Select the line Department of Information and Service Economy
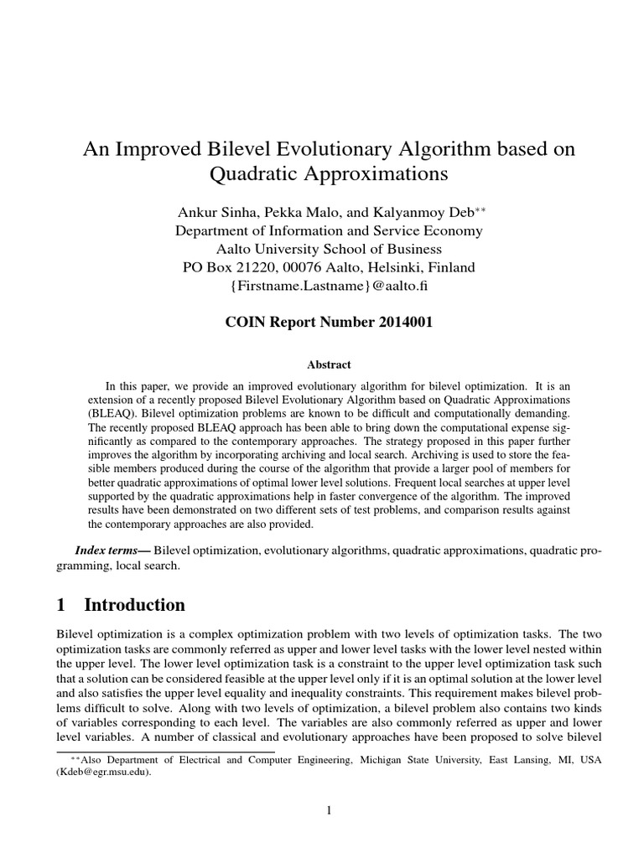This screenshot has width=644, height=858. (329, 230)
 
